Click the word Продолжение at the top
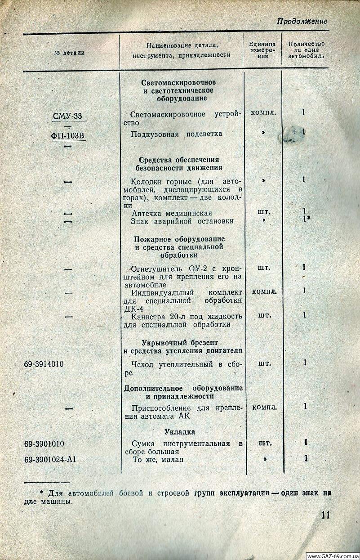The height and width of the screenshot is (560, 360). (x=302, y=21)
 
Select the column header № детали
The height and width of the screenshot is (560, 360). (x=69, y=53)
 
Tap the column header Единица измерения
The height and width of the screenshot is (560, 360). (x=262, y=50)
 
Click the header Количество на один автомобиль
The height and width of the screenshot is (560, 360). (x=306, y=50)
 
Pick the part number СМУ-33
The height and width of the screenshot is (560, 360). (x=67, y=116)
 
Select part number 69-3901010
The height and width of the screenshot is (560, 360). (x=44, y=444)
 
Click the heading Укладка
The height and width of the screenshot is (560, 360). (x=180, y=432)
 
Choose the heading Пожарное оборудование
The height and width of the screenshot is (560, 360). (x=180, y=238)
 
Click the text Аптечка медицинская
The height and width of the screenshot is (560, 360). (x=172, y=213)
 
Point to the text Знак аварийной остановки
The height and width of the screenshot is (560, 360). (x=182, y=221)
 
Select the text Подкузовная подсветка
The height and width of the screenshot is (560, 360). (x=176, y=134)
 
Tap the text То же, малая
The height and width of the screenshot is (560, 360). (x=158, y=459)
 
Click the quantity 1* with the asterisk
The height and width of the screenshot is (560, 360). (x=306, y=219)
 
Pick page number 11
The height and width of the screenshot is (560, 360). (x=326, y=515)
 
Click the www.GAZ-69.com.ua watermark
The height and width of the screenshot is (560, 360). (x=332, y=556)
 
